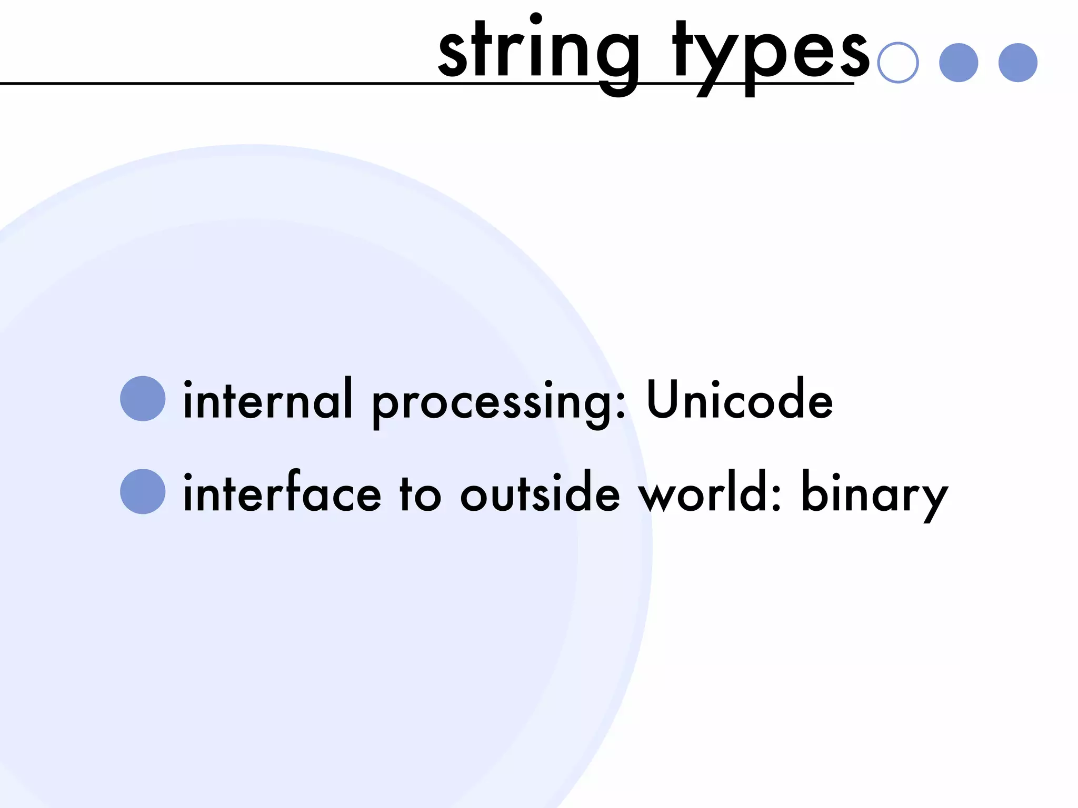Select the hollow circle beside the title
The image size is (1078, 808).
click(x=898, y=63)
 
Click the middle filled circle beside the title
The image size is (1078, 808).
click(x=959, y=63)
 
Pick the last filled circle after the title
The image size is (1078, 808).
click(x=1018, y=63)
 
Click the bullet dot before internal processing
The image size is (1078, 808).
click(x=143, y=398)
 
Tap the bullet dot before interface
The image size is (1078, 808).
click(x=143, y=491)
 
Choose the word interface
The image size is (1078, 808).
click(x=282, y=493)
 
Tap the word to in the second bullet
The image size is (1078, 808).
click(x=420, y=494)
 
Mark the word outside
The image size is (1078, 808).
click(x=540, y=493)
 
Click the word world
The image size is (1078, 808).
click(x=704, y=493)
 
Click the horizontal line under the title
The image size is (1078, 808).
click(x=211, y=84)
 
